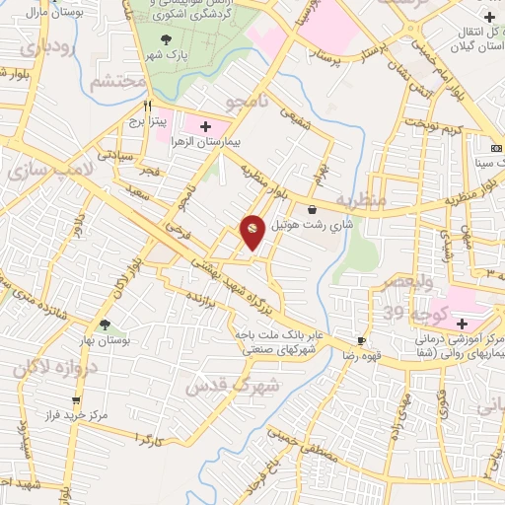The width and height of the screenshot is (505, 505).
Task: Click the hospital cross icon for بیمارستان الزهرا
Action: tap(205, 127)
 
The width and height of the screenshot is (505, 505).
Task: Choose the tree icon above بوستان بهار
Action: tap(105, 324)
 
